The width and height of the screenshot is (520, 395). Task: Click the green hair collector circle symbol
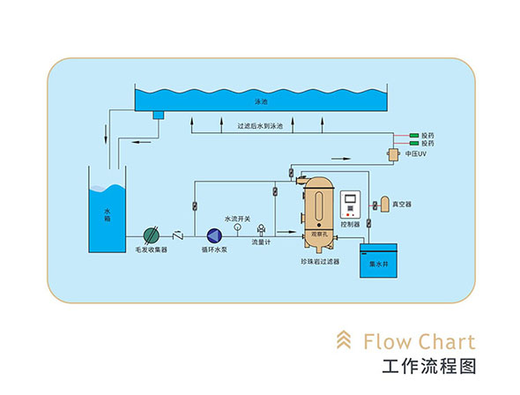[152, 235]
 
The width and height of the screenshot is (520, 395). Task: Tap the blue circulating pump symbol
[214, 235]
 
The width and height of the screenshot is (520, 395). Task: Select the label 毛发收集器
[152, 250]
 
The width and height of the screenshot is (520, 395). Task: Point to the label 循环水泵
[214, 250]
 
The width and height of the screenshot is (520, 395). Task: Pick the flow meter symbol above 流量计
[259, 228]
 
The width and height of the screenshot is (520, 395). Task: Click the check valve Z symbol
[178, 235]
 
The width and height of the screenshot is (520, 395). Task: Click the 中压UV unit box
[392, 155]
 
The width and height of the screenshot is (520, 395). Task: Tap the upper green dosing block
[413, 136]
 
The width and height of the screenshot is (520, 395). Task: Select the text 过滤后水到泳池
[260, 126]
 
